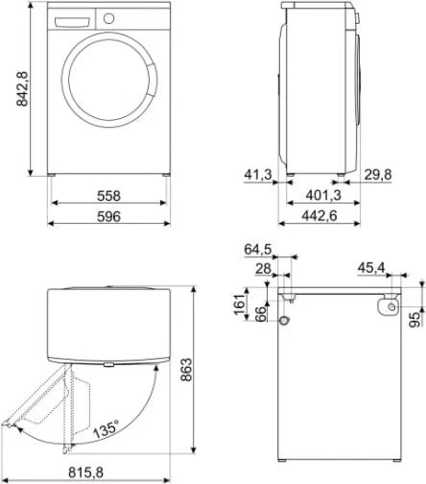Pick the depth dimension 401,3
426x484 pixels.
click(x=319, y=195)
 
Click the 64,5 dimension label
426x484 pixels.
click(x=258, y=249)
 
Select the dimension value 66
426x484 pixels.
click(x=261, y=315)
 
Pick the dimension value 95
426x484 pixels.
click(x=414, y=320)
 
